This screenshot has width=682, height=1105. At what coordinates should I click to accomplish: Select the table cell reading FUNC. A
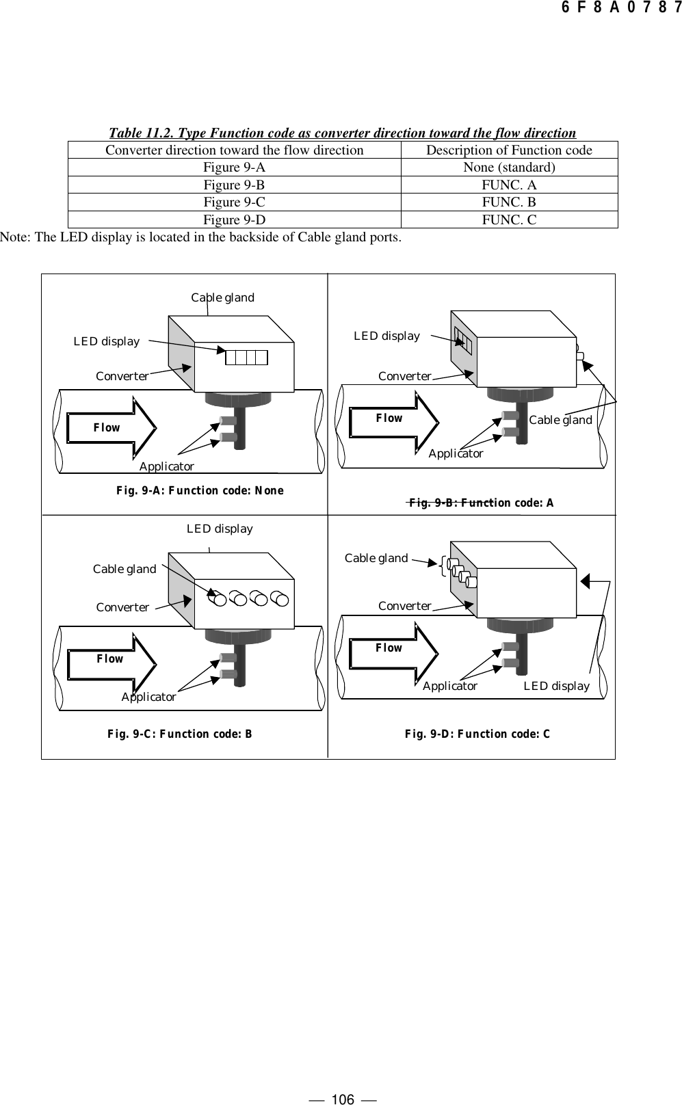click(x=509, y=185)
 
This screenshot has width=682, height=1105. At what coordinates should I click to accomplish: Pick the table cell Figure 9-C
click(x=234, y=202)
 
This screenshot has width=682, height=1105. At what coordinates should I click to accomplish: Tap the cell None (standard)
click(x=509, y=168)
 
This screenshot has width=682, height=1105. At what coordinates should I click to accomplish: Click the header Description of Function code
click(x=509, y=150)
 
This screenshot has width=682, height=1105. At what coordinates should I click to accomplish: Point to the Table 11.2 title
click(x=343, y=133)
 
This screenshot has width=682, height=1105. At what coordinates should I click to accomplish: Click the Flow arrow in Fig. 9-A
click(x=112, y=428)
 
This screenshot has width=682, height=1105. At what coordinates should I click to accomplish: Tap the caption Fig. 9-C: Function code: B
click(x=180, y=734)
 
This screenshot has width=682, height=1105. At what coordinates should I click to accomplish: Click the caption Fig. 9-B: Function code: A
click(x=481, y=503)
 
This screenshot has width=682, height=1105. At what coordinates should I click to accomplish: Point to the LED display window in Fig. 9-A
click(x=246, y=357)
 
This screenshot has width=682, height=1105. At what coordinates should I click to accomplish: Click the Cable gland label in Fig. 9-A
click(x=222, y=297)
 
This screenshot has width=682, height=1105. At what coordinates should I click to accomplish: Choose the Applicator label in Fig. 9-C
click(x=148, y=697)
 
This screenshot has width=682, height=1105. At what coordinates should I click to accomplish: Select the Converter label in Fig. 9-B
click(x=405, y=377)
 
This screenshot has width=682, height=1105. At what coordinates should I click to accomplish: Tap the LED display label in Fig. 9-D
click(x=556, y=686)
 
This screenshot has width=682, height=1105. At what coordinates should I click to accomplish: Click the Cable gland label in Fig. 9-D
click(x=376, y=558)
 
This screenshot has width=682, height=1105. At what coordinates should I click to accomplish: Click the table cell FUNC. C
click(x=509, y=220)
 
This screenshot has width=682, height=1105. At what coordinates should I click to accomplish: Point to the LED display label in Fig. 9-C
click(x=220, y=529)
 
